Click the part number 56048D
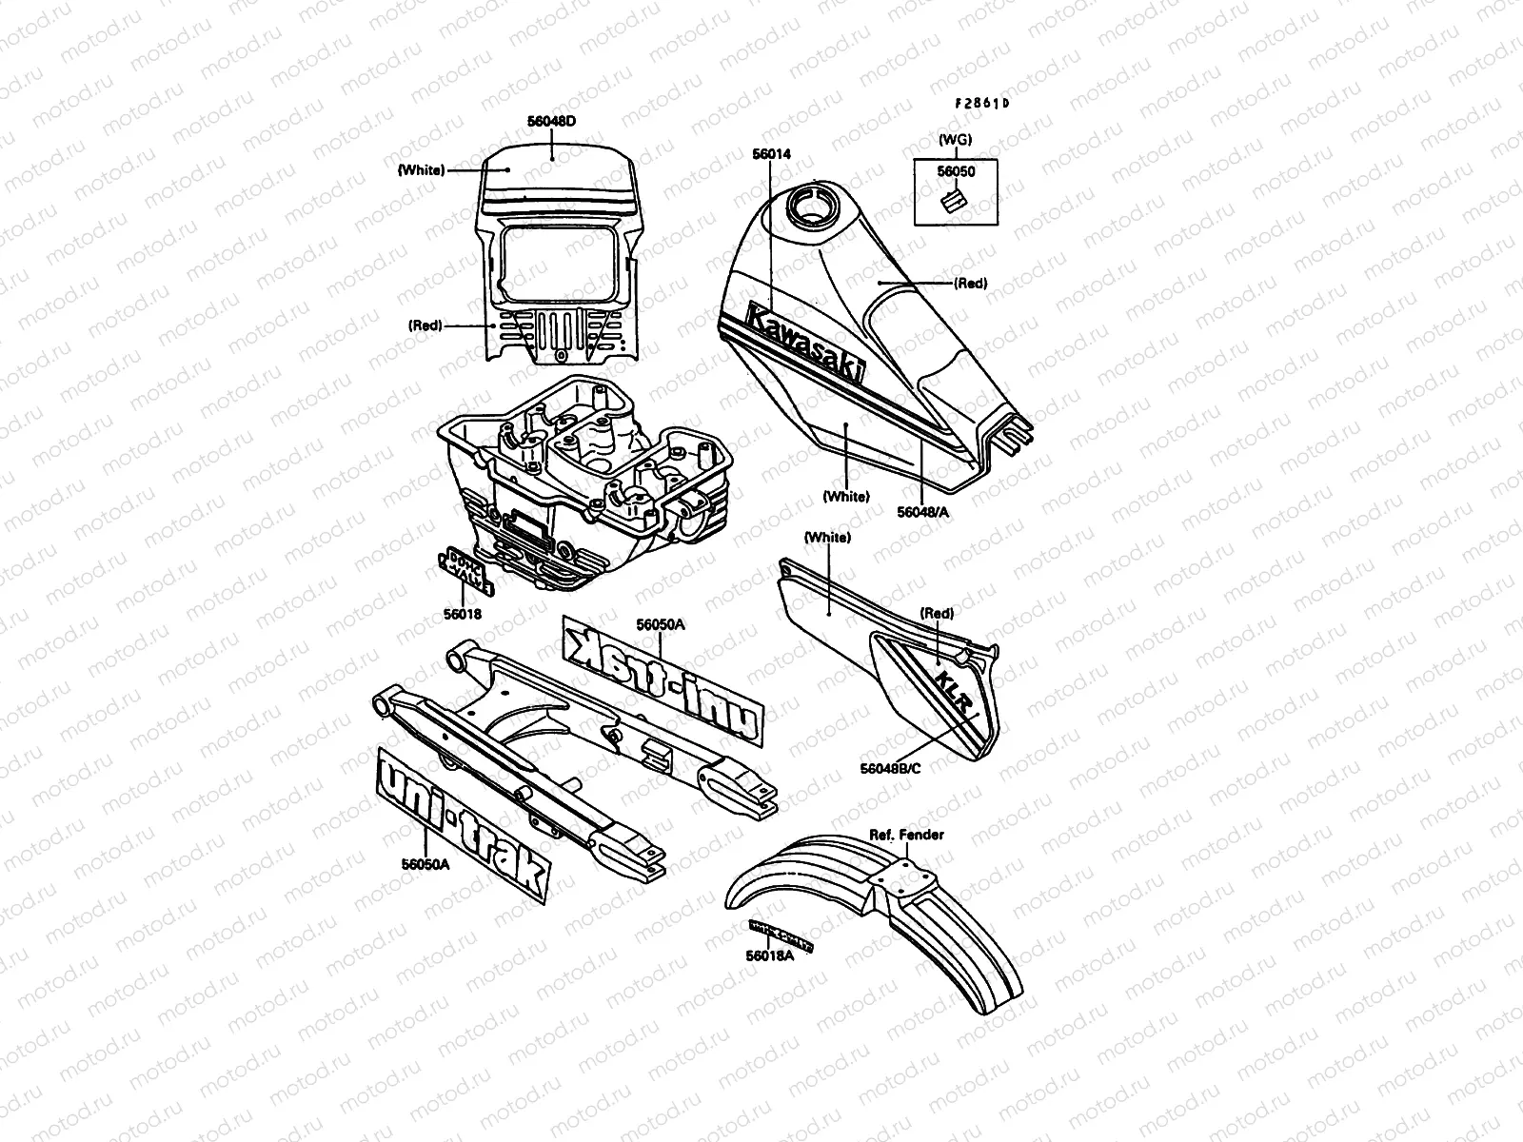pyautogui.click(x=552, y=122)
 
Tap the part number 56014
pyautogui.click(x=771, y=154)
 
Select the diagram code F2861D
pyautogui.click(x=982, y=104)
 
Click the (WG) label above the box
pyautogui.click(x=955, y=140)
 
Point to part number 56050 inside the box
pyautogui.click(x=955, y=172)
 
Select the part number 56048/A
pyautogui.click(x=923, y=512)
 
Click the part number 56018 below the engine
pyautogui.click(x=462, y=614)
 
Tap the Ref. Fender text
pyautogui.click(x=905, y=835)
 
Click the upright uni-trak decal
pyautogui.click(x=465, y=824)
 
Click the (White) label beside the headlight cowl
pyautogui.click(x=420, y=170)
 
